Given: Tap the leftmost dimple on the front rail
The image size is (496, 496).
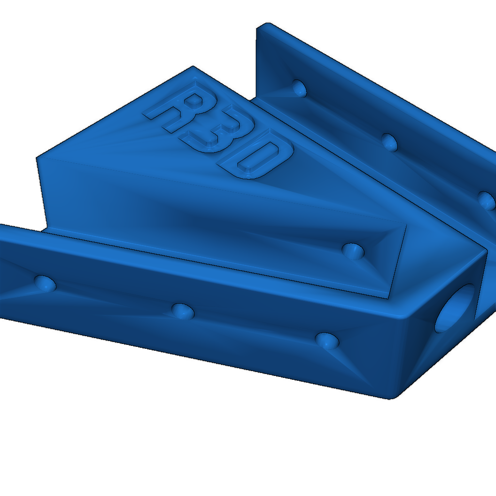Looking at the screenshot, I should coord(45,283).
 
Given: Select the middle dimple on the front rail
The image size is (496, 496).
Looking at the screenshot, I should coord(183,311).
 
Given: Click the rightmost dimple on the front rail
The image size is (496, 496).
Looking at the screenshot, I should coord(327,341).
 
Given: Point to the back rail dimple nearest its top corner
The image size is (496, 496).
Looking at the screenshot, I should coord(299,88).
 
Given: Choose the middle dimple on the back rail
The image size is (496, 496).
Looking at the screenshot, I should coord(389,141).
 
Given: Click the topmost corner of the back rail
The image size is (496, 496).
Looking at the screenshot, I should coord(264,24).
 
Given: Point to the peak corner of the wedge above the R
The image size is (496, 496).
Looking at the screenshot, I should coord(193,67).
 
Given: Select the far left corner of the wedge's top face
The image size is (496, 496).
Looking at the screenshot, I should coord(38,157).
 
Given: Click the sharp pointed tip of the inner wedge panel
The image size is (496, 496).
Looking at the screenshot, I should coord(387,297).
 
